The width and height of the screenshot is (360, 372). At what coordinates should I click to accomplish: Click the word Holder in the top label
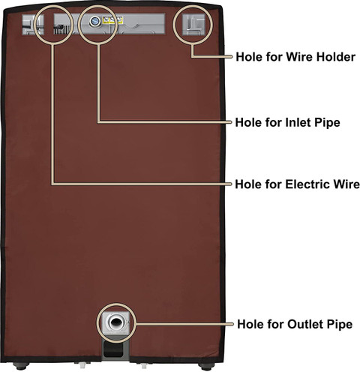click(x=336, y=57)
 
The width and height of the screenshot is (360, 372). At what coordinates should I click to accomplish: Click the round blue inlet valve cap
click(x=94, y=21)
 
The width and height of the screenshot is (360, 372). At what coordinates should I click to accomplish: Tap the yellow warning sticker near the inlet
click(x=112, y=20)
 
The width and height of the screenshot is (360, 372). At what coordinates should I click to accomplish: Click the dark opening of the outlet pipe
click(x=115, y=322)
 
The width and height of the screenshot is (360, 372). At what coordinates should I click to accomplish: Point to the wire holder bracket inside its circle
click(x=193, y=24)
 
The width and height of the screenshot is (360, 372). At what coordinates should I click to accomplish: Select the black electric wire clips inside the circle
click(x=60, y=29)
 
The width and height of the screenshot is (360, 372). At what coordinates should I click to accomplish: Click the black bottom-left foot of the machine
click(x=21, y=367)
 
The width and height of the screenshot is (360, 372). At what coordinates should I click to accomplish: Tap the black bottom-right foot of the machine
click(x=206, y=367)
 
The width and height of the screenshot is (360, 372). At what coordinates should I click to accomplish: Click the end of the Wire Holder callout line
click(x=231, y=57)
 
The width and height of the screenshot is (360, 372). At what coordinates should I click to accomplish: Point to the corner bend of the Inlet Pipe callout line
click(x=99, y=122)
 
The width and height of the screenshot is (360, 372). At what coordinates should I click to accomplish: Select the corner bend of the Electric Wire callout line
click(x=52, y=184)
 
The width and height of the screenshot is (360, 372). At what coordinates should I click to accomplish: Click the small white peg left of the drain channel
click(x=82, y=365)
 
